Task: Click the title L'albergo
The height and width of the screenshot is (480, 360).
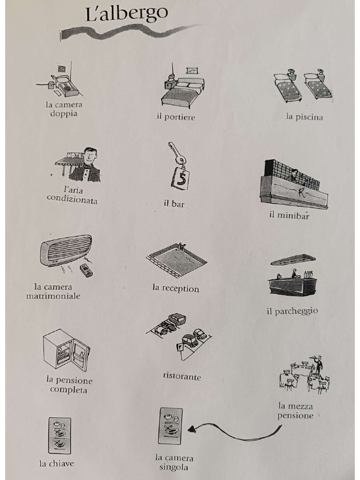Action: [127, 14]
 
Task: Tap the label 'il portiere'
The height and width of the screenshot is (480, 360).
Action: [176, 117]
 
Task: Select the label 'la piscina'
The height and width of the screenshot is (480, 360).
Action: [304, 117]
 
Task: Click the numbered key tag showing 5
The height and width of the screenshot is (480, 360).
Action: [180, 179]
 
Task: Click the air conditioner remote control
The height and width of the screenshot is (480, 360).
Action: [86, 270]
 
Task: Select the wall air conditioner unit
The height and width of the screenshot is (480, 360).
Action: [66, 249]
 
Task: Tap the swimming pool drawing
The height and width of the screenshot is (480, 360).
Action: [176, 260]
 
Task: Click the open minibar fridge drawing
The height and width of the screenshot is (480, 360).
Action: [66, 350]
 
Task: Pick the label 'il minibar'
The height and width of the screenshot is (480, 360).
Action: [289, 215]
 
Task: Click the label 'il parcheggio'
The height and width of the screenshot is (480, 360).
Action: [292, 311]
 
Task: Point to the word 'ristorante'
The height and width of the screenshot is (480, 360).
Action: [182, 376]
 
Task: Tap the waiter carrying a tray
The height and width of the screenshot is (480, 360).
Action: [318, 365]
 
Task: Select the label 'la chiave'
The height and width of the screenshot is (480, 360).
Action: [56, 464]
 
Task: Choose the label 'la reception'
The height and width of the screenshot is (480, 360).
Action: [176, 288]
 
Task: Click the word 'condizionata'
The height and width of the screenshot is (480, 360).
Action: [72, 200]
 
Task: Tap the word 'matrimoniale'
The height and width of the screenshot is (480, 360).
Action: [53, 296]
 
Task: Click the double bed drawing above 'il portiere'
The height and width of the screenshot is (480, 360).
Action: [183, 92]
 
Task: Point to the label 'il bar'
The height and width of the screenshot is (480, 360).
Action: [174, 204]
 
